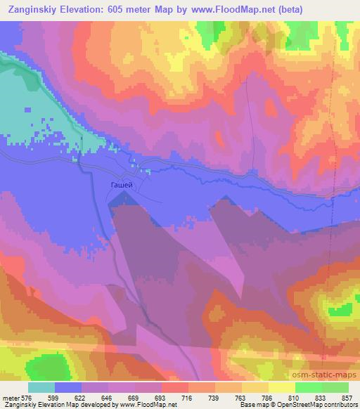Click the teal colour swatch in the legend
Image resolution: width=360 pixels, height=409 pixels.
(41, 387)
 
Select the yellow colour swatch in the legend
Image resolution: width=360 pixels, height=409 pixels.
(281, 387)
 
